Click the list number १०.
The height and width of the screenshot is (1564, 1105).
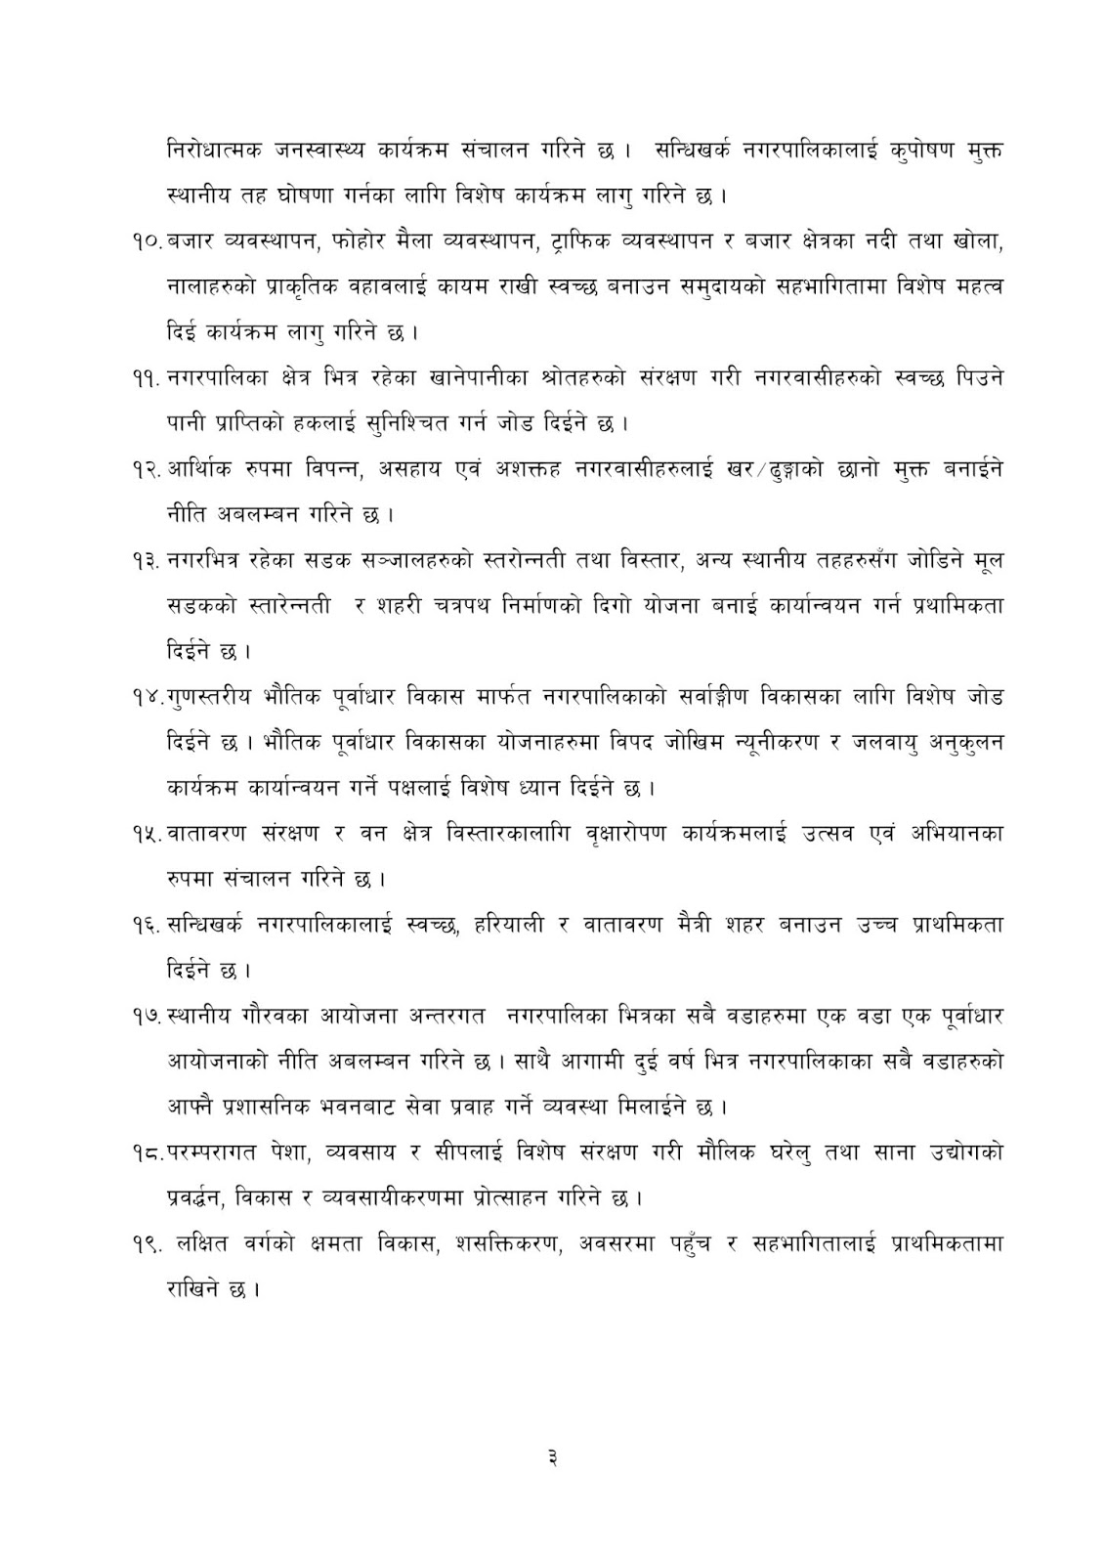(149, 241)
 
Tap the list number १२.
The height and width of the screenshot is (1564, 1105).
(149, 468)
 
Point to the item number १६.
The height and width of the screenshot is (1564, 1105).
(149, 924)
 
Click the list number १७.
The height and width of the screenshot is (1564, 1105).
(149, 1016)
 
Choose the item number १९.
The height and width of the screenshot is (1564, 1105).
(149, 1243)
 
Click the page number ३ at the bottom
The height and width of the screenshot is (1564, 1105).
(553, 1459)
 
